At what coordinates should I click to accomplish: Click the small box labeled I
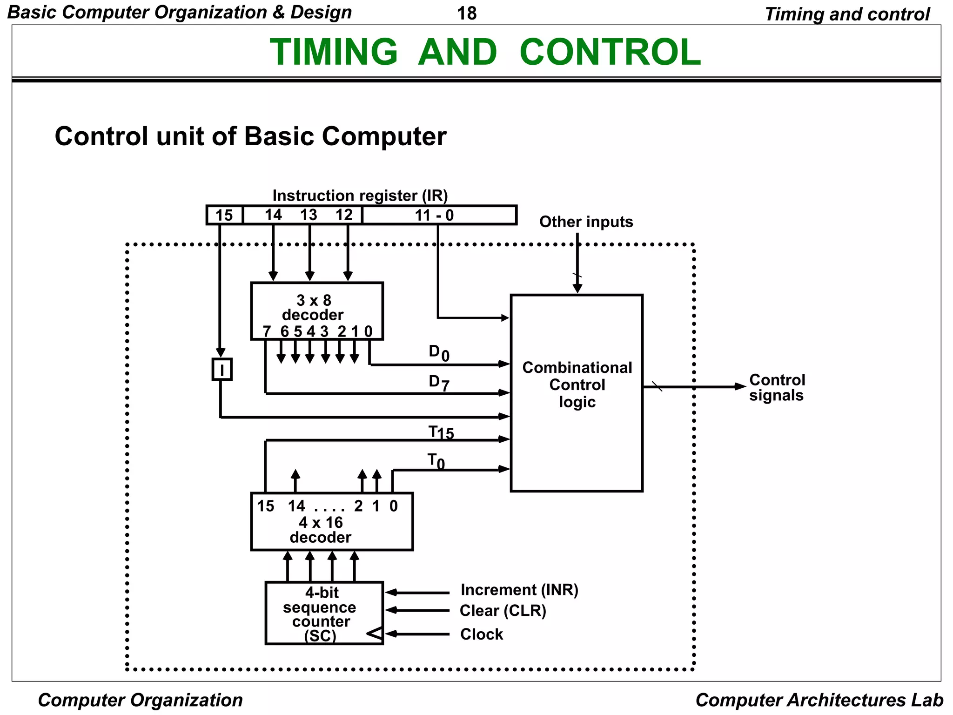point(222,370)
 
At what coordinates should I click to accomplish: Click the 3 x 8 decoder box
point(316,310)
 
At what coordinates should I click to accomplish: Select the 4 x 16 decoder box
point(331,521)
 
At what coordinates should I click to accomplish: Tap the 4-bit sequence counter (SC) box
point(324,613)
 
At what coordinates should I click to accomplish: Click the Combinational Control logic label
point(577,384)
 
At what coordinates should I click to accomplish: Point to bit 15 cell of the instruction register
point(224,215)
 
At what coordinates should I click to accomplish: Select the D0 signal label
point(438,353)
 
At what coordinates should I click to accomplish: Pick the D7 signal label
point(438,383)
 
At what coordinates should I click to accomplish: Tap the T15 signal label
point(440,433)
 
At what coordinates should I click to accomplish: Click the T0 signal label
point(436,461)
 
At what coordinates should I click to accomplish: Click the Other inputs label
point(586,222)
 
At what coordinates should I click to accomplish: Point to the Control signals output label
point(777,387)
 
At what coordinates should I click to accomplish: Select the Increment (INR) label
point(519,590)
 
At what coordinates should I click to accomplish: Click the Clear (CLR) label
point(503,611)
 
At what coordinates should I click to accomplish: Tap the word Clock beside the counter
point(481,634)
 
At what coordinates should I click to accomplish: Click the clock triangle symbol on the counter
point(375,634)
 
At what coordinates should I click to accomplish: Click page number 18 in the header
point(467,13)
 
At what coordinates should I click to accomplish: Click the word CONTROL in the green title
point(610,52)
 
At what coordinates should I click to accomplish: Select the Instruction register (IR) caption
point(360,196)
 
